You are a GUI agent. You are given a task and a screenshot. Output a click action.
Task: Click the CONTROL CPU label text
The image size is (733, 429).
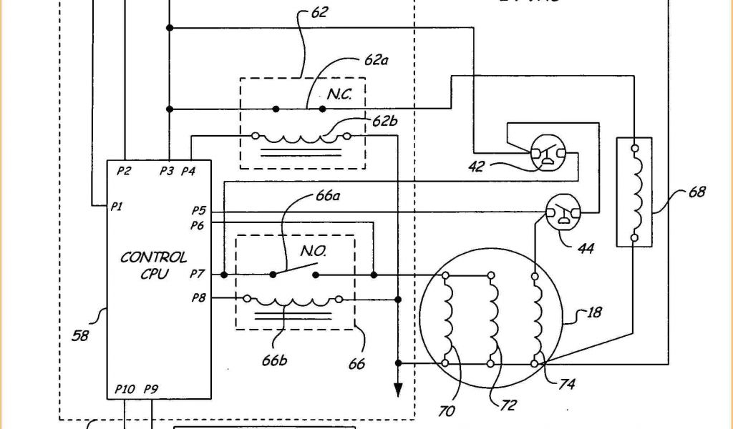coord(153,264)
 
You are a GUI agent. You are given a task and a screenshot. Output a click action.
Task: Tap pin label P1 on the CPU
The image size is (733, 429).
coord(117,207)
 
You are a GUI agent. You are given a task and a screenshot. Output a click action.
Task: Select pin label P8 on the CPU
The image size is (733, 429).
coord(198,298)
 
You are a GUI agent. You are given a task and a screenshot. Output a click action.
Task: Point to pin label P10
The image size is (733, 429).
coord(125,389)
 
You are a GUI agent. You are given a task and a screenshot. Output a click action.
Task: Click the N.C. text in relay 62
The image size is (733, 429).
coord(339,94)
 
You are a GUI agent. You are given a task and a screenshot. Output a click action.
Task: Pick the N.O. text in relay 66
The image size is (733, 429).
coord(314,251)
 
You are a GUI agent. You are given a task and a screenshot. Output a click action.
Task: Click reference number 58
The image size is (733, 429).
coord(81,334)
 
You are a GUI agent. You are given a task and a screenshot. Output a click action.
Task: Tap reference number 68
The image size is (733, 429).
coord(696,192)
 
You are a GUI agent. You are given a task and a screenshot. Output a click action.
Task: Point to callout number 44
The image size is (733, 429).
coord(585,248)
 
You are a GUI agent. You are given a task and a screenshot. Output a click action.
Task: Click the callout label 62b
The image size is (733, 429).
coord(384,120)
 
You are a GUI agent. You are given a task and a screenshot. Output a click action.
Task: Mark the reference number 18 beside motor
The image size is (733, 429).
coord(595,312)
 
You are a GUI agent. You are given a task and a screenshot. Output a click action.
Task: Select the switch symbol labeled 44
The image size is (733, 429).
coord(563,213)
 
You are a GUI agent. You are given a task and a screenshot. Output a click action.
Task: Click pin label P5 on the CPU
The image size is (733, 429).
coord(198,211)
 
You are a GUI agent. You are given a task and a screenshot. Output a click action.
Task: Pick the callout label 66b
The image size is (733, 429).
coord(274,360)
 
